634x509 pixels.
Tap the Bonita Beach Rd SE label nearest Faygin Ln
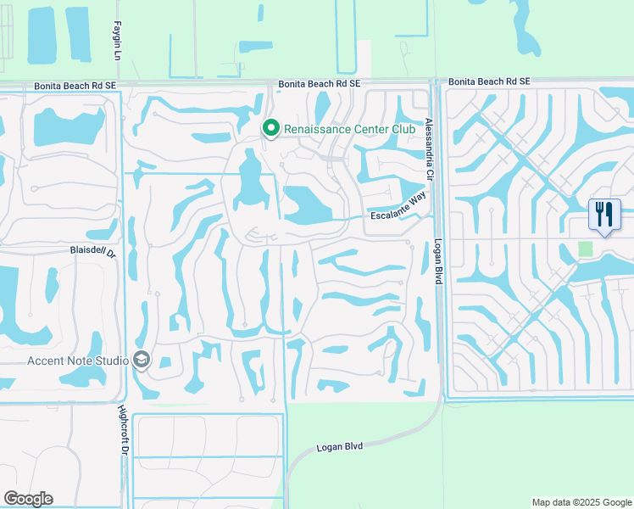74,86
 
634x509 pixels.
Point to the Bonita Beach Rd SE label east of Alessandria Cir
489,81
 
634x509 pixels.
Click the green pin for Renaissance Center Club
271,128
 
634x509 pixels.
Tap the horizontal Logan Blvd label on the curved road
339,446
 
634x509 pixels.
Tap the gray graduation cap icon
141,361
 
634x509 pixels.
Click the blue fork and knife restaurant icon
604,214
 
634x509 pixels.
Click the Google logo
28,499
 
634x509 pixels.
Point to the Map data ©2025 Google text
581,502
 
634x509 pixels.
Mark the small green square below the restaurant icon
585,249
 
